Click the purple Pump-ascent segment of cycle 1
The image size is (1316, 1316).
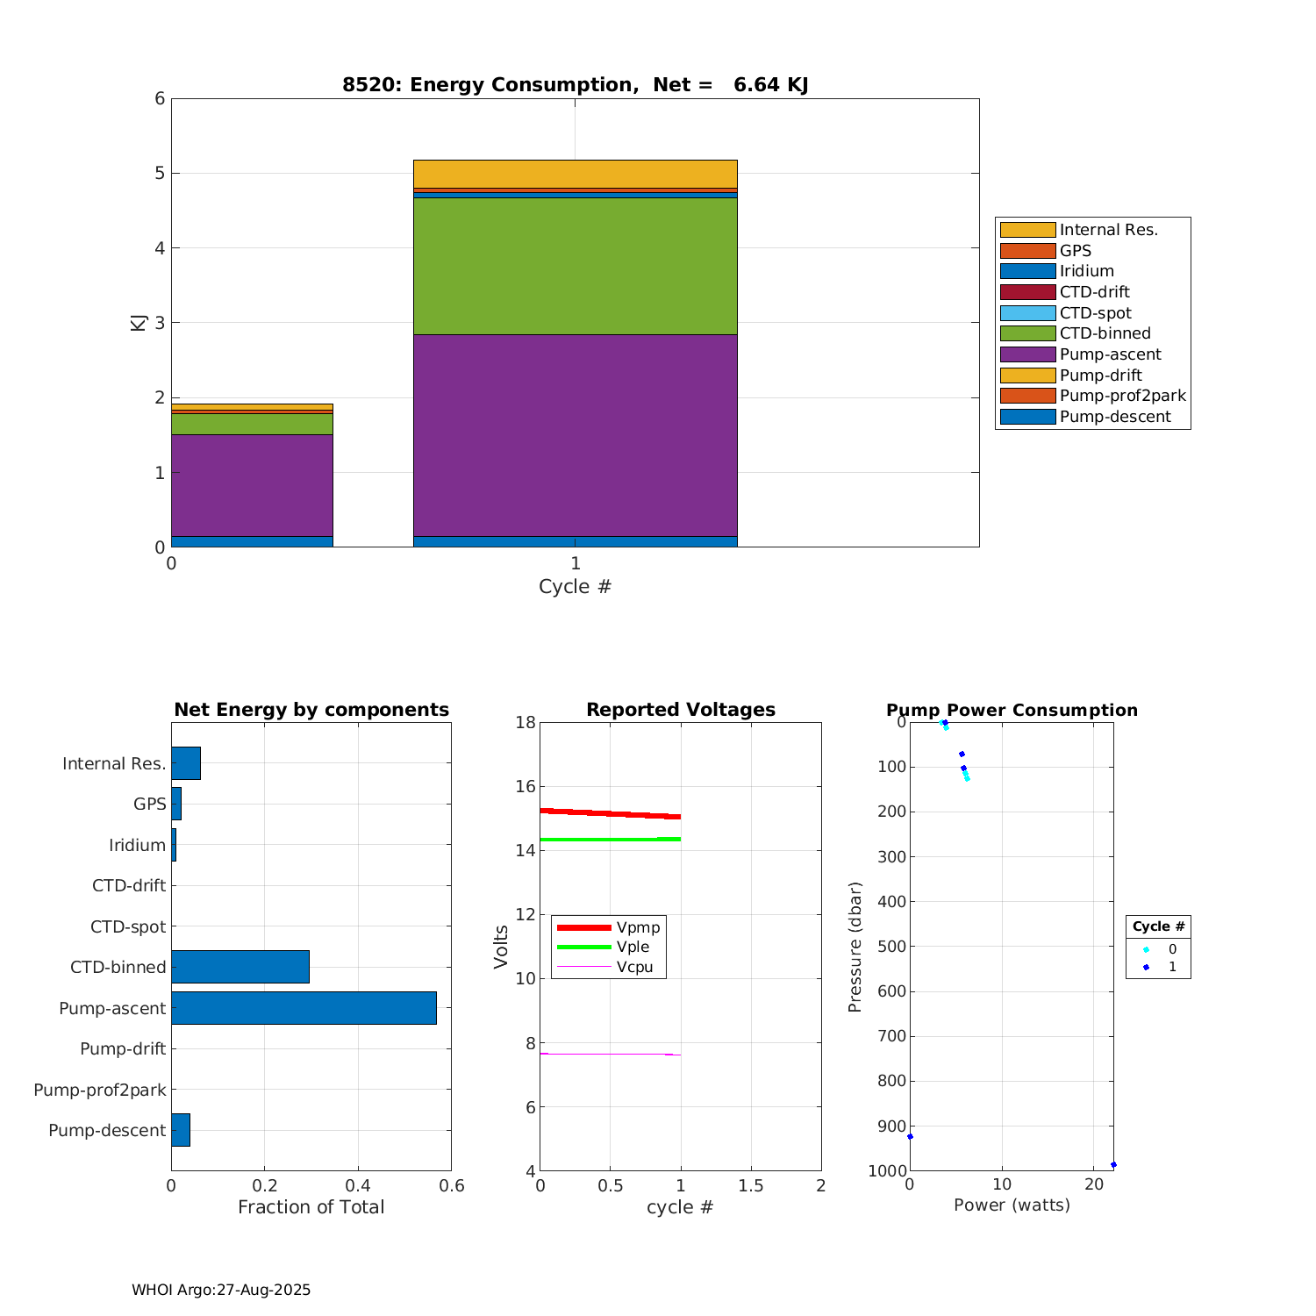[575, 435]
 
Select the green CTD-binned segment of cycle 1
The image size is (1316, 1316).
[575, 266]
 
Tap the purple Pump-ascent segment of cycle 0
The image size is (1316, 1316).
[252, 485]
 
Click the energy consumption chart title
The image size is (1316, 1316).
[575, 85]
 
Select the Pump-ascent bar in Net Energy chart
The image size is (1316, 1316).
[304, 1008]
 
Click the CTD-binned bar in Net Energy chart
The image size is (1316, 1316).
[240, 967]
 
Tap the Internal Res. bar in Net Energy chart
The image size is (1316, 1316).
[186, 763]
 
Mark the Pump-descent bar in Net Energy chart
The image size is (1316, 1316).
[181, 1130]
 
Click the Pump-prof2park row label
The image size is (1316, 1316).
[100, 1090]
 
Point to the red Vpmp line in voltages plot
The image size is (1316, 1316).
[611, 813]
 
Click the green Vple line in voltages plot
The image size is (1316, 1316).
[611, 840]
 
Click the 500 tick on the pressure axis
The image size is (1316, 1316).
[891, 947]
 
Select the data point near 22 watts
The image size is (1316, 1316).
[1113, 1165]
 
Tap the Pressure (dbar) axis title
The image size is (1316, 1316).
[855, 947]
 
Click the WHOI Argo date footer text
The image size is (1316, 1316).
[221, 1290]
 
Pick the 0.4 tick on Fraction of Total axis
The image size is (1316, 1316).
[358, 1186]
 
